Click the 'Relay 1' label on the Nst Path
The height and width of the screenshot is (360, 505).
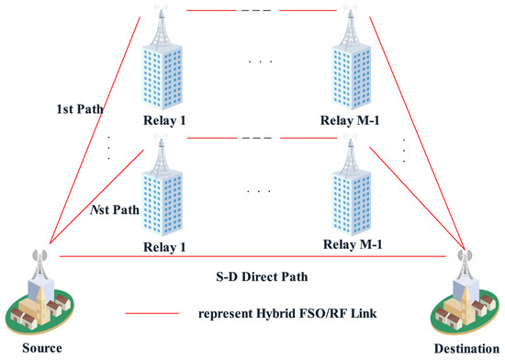[x=164, y=246]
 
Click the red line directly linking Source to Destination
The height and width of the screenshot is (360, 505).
[x=256, y=256]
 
